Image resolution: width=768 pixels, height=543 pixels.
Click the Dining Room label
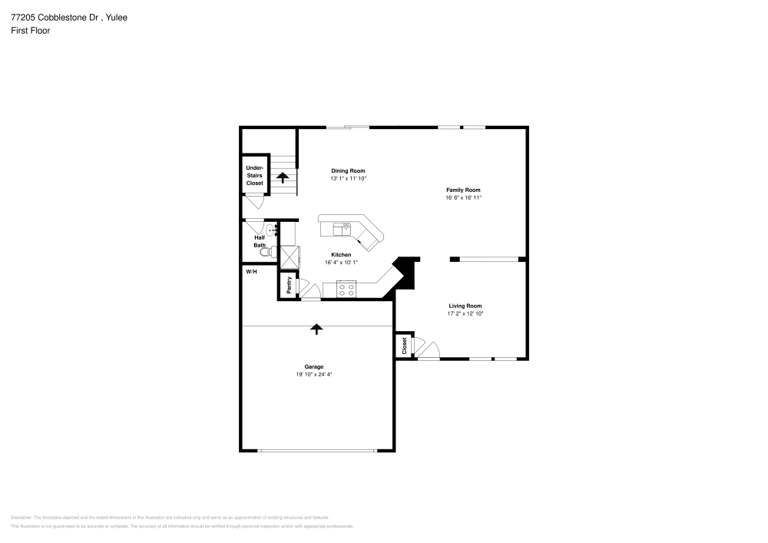pos(348,171)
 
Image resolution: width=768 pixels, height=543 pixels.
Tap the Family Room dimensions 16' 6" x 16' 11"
pos(463,197)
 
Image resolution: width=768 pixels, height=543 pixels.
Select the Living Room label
pos(465,306)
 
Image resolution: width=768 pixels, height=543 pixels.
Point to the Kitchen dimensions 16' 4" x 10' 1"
pos(341,262)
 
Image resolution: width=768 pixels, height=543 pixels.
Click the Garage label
pos(313,366)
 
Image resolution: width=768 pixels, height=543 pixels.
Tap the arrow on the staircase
pos(283,177)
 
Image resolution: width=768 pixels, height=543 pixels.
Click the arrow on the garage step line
pos(316,329)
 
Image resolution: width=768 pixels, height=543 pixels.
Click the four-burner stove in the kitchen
pos(346,290)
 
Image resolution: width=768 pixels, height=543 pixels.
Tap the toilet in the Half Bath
pos(266,251)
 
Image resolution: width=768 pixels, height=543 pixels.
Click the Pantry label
pos(289,285)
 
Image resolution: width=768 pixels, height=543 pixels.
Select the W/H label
pos(251,272)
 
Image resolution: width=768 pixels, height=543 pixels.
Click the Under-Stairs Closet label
pos(254,175)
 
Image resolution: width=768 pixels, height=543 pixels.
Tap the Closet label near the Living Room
pos(404,346)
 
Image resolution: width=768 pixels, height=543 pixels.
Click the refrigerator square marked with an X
pos(289,256)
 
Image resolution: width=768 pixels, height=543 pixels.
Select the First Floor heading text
pos(31,30)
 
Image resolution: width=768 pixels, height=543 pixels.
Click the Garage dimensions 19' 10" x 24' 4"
pos(313,374)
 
